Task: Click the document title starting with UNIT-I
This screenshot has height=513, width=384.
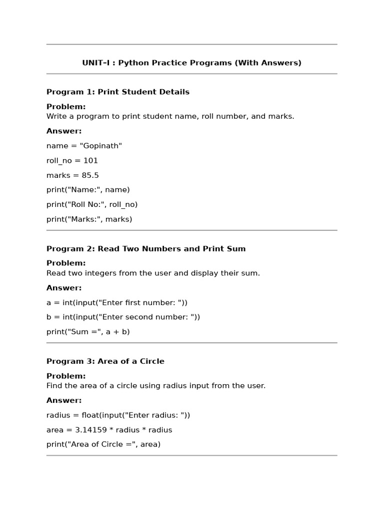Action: (191, 63)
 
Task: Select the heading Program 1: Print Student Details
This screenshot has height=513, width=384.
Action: (118, 92)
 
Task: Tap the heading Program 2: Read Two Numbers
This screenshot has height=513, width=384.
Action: (146, 249)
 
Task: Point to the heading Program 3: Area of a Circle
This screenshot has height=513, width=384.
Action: (105, 361)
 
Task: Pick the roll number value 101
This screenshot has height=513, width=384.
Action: (90, 161)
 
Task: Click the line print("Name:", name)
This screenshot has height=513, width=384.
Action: (88, 190)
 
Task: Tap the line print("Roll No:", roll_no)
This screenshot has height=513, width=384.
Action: (92, 204)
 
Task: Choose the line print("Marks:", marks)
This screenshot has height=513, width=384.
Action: (89, 219)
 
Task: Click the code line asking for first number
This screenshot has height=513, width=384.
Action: (117, 303)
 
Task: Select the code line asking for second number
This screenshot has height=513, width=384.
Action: (123, 317)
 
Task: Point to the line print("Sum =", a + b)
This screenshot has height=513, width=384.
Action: (88, 332)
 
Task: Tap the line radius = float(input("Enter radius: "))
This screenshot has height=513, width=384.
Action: (118, 415)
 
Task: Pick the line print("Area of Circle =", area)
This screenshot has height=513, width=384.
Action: (103, 444)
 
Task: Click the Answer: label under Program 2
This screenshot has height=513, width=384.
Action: (64, 288)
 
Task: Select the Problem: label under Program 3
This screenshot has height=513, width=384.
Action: (66, 376)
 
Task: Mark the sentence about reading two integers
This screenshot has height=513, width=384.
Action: (153, 274)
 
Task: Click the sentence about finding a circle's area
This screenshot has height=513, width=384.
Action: (156, 386)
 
